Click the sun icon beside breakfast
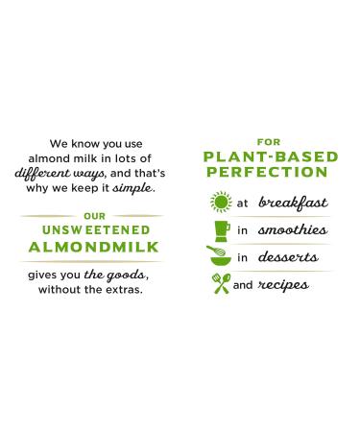tap(220, 204)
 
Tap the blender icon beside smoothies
tap(220, 230)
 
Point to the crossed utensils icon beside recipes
tap(220, 284)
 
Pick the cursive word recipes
tap(282, 284)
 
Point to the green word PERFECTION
tap(265, 172)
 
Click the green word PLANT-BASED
tap(265, 156)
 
